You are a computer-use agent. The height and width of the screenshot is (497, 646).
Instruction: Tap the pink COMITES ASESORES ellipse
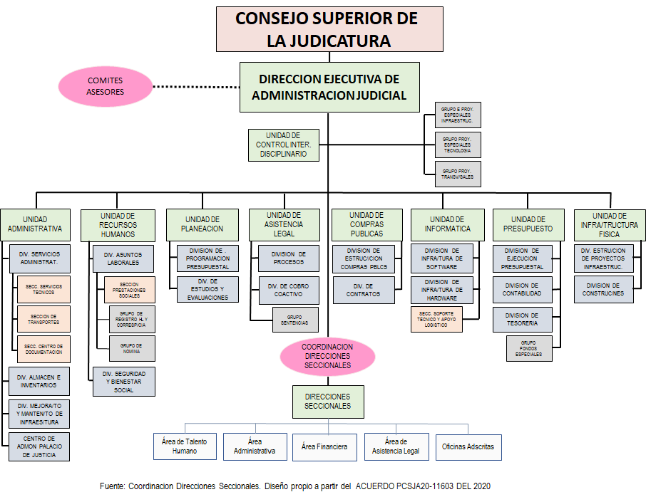[x=105, y=86]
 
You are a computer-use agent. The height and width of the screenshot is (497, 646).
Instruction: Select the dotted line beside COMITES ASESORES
[x=196, y=87]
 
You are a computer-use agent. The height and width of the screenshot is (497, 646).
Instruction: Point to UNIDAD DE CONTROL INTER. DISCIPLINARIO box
[x=283, y=145]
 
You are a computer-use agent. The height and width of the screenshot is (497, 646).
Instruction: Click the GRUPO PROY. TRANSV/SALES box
[x=457, y=174]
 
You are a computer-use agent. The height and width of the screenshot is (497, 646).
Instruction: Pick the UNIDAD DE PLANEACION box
[x=204, y=224]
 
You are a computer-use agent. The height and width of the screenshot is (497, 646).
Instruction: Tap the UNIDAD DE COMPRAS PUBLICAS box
[x=366, y=224]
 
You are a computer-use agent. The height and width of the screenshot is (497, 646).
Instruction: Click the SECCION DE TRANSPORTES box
[x=44, y=318]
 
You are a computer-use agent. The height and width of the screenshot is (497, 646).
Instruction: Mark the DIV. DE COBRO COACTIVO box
[x=288, y=289]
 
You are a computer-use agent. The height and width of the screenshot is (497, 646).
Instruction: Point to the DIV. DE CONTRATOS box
[x=363, y=289]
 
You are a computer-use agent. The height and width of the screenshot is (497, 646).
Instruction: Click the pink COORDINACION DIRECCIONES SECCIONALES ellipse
[x=327, y=355]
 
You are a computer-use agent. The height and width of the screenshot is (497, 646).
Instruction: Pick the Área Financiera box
[x=324, y=446]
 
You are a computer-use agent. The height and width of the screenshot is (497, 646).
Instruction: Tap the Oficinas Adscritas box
[x=468, y=446]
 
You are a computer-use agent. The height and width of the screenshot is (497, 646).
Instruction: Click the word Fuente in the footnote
[x=112, y=486]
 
